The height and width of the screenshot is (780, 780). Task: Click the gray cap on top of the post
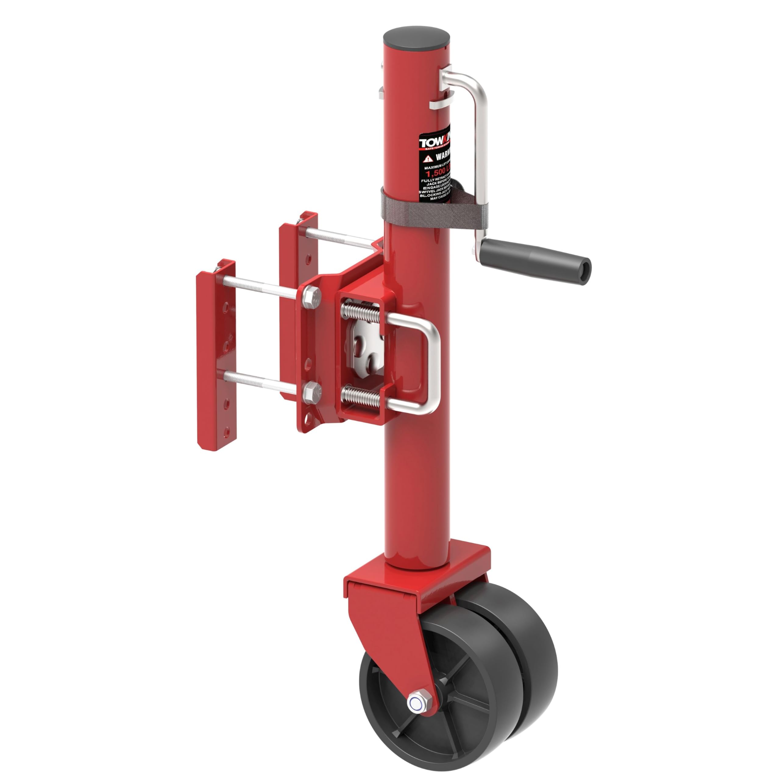pos(417,38)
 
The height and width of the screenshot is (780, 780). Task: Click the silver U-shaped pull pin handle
pos(430,365)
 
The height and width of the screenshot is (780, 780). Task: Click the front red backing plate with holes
pos(216,355)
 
